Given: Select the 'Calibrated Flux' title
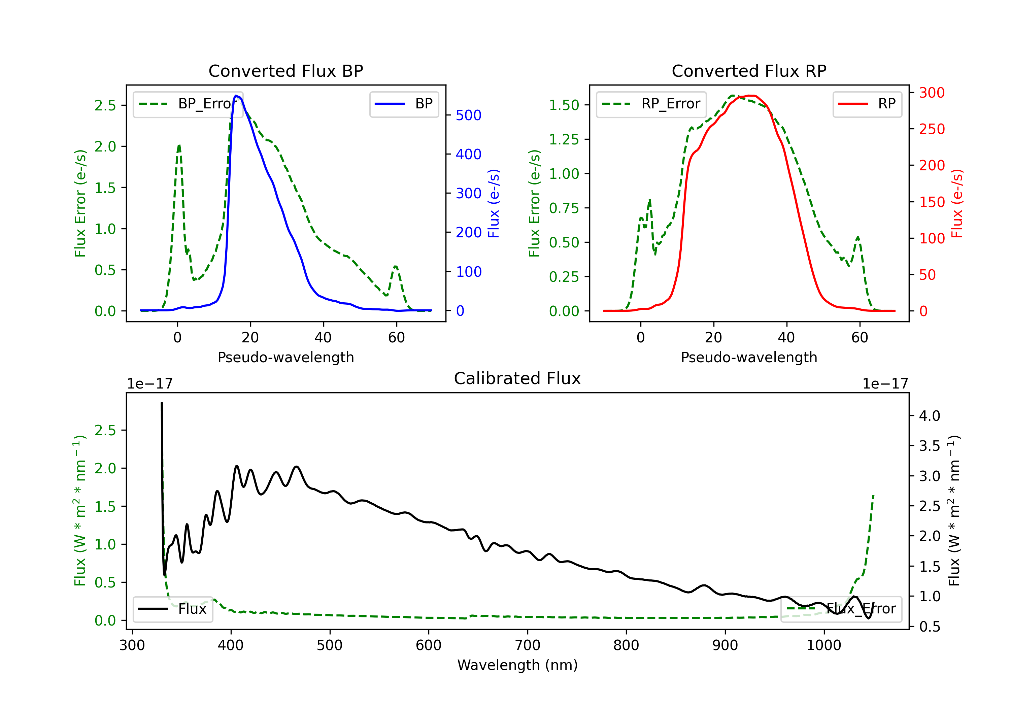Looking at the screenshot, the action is [517, 378].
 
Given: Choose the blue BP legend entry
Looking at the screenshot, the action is [404, 104].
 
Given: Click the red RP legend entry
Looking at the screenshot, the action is [867, 104].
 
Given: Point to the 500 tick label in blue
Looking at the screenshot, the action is [469, 115].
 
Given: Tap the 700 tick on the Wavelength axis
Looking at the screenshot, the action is [528, 645].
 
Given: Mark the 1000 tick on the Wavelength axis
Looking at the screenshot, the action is [824, 645].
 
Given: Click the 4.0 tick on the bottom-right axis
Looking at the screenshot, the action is [930, 416].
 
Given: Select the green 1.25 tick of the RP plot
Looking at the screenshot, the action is [564, 139].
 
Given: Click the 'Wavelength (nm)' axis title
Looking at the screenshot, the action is [517, 665].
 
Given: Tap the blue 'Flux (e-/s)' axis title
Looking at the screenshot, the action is [494, 203].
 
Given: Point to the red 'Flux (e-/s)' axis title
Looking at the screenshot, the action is [957, 203].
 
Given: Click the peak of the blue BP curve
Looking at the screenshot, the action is [236, 96].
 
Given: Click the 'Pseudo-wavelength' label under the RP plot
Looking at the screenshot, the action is [749, 357].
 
